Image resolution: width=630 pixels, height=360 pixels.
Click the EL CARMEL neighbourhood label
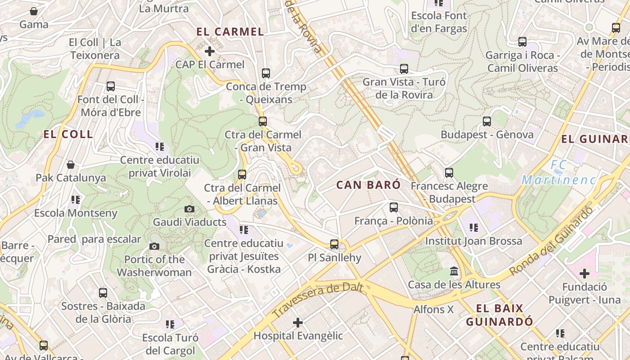click(x=230, y=32)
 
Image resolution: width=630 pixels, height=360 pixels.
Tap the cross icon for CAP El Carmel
click(x=209, y=51)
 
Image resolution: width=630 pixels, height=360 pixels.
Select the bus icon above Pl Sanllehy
click(x=334, y=244)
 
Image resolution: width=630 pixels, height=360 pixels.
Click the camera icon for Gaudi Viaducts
click(x=189, y=209)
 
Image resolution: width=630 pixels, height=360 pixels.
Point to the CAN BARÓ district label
click(x=368, y=185)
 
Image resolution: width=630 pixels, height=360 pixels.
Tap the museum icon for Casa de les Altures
click(x=454, y=271)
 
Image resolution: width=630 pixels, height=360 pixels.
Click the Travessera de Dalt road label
click(x=318, y=299)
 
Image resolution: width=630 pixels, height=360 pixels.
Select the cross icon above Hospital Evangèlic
click(x=297, y=323)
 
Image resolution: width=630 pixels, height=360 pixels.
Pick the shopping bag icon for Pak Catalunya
click(x=71, y=165)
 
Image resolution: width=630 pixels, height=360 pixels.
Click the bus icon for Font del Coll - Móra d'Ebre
click(x=111, y=86)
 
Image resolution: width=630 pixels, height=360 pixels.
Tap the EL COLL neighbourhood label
click(x=68, y=134)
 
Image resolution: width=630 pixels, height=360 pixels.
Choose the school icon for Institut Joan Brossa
click(x=473, y=228)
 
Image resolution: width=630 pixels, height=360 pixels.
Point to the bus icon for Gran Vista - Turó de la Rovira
click(x=404, y=69)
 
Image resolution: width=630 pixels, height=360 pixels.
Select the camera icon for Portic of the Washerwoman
click(x=154, y=246)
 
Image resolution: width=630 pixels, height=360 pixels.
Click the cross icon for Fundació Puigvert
click(x=584, y=274)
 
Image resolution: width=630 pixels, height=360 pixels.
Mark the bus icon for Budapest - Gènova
click(x=486, y=121)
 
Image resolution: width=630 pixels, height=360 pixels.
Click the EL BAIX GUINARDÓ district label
click(x=499, y=315)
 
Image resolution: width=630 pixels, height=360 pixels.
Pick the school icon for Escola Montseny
click(x=75, y=199)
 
